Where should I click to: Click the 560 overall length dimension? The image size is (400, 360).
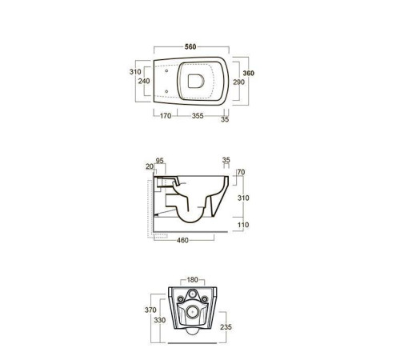(190, 47)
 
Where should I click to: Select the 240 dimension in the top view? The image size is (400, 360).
(144, 80)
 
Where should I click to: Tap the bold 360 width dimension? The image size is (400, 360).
(248, 73)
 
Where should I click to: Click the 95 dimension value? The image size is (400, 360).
(160, 160)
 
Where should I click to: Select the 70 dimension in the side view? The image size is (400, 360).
(240, 171)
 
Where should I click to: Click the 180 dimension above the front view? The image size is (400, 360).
(192, 280)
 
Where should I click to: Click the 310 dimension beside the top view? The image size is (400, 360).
(134, 72)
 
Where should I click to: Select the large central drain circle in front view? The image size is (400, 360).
(192, 310)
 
